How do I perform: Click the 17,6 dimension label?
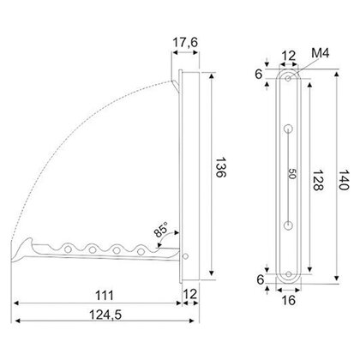point(185,43)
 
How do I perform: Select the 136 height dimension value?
point(220,167)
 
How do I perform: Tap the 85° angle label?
point(161,230)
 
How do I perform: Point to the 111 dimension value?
point(105,295)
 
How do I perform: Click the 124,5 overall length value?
point(105,315)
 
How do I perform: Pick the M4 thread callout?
point(321,53)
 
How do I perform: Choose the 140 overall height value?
point(344,180)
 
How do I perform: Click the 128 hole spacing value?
point(317,180)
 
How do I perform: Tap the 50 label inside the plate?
point(292,174)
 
